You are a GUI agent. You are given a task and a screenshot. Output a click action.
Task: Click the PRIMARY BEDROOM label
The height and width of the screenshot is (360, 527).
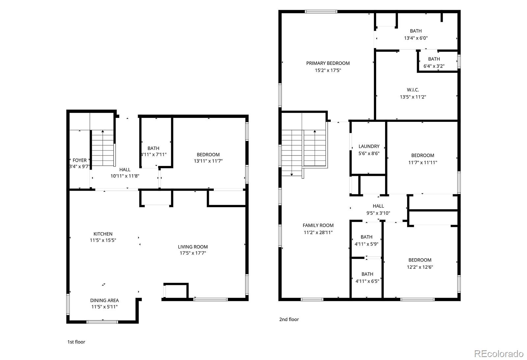328,63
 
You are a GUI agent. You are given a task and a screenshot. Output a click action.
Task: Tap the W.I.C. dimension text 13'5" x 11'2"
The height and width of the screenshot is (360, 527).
413,97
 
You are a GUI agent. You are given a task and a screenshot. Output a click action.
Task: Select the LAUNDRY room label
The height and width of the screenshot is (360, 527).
369,146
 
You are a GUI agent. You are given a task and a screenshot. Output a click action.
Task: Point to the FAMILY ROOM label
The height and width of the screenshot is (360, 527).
318,225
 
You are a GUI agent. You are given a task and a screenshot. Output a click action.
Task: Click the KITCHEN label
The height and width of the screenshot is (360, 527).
103,234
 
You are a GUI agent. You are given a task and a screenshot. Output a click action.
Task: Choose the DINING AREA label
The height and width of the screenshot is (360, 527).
104,300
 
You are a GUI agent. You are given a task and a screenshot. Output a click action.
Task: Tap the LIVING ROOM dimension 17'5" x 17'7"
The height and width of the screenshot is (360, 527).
193,253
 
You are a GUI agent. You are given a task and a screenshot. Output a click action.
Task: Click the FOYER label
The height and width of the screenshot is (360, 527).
79,160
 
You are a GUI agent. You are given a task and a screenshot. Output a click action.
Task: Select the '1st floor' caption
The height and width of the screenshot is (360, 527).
76,342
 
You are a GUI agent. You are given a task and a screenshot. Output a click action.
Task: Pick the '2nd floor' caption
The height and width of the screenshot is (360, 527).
289,319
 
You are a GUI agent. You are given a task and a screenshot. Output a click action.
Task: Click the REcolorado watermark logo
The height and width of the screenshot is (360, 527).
499,354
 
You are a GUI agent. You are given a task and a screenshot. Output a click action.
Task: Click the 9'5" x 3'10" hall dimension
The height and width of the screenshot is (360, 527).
378,213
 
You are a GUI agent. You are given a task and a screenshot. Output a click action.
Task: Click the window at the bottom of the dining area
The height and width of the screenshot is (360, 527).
102,322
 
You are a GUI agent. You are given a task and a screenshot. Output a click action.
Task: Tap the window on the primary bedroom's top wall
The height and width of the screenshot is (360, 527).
321,12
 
